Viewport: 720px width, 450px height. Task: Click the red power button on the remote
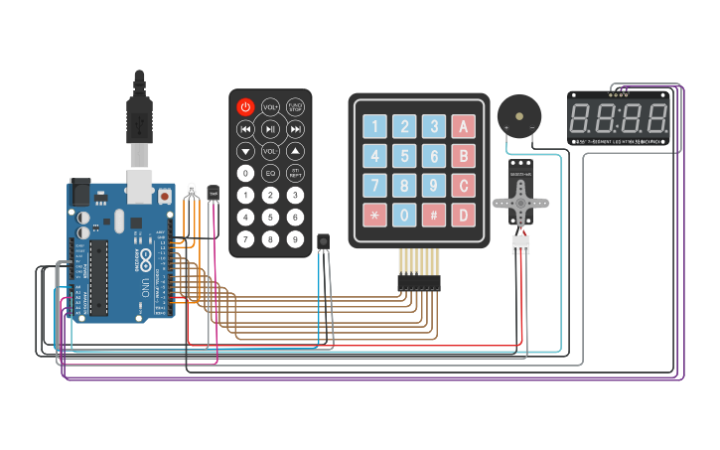tap(245, 107)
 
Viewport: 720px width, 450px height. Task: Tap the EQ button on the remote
tap(270, 173)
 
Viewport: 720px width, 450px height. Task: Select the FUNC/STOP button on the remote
tap(295, 107)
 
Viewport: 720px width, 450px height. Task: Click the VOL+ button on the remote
tap(270, 107)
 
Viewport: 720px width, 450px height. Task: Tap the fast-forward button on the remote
tap(295, 129)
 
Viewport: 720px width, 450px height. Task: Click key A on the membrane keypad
tap(463, 126)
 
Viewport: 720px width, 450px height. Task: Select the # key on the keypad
tap(433, 215)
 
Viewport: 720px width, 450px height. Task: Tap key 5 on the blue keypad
tap(404, 156)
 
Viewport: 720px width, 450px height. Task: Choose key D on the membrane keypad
tap(463, 215)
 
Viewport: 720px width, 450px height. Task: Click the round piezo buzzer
tap(519, 117)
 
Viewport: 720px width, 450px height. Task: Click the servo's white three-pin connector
tap(520, 245)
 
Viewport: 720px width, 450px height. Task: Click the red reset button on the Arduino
tap(163, 197)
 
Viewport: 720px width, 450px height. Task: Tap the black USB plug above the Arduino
tap(140, 114)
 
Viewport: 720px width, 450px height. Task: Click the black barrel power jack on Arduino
tap(78, 191)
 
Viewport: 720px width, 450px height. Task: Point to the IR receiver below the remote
tap(323, 241)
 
